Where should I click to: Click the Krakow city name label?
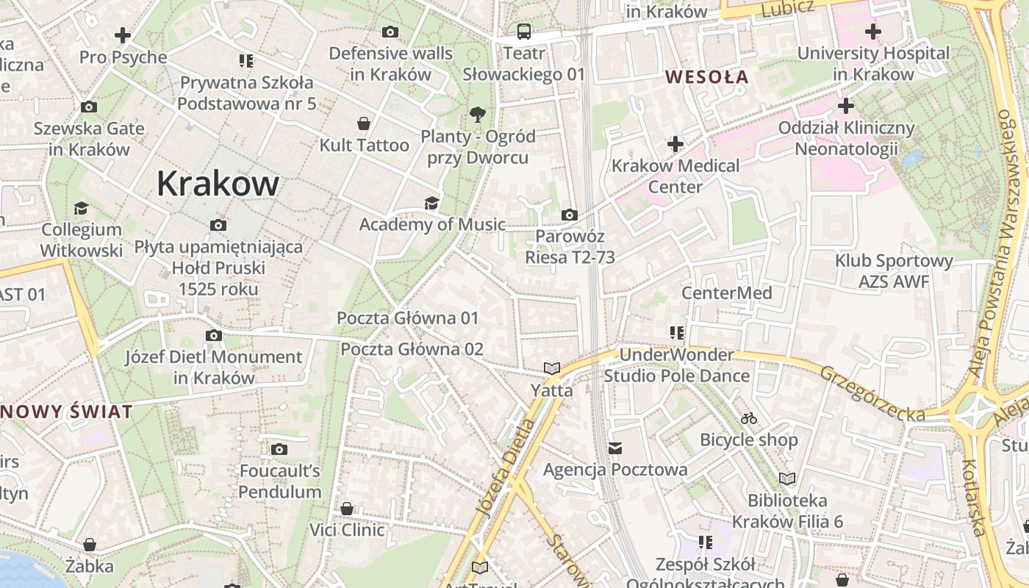coord(218,184)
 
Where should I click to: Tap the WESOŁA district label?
coord(706,76)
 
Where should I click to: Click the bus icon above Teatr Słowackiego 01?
coord(523,32)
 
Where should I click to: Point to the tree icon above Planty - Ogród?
coord(478,115)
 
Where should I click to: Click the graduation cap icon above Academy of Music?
coord(431,203)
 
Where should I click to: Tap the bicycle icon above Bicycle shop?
coord(748,418)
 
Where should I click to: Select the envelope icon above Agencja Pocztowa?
coord(615,448)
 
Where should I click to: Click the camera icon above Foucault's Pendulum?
coord(279,449)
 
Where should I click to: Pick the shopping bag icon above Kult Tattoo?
coord(363,123)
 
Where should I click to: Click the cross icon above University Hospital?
coord(872,32)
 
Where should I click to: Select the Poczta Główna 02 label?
coord(412,349)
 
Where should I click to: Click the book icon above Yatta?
coord(551,368)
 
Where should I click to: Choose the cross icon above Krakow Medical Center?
coord(675,144)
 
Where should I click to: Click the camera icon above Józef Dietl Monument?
coord(213,335)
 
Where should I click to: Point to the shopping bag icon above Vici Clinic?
coord(347,509)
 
